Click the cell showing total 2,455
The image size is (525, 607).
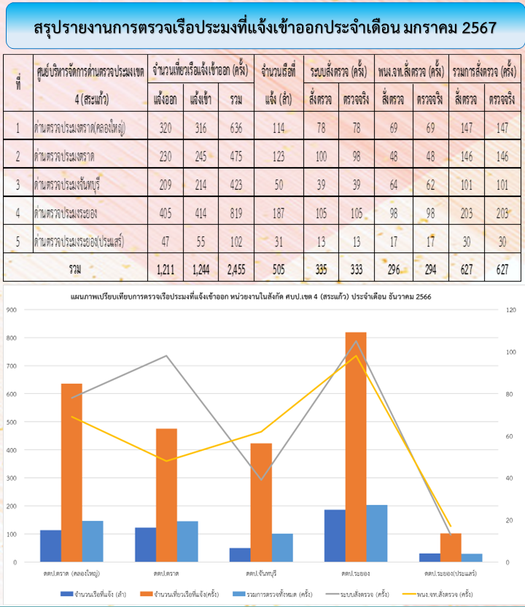236,268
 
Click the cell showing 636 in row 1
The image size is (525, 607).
236,128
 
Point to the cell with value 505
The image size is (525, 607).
279,268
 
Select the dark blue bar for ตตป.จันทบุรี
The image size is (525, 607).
240,555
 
